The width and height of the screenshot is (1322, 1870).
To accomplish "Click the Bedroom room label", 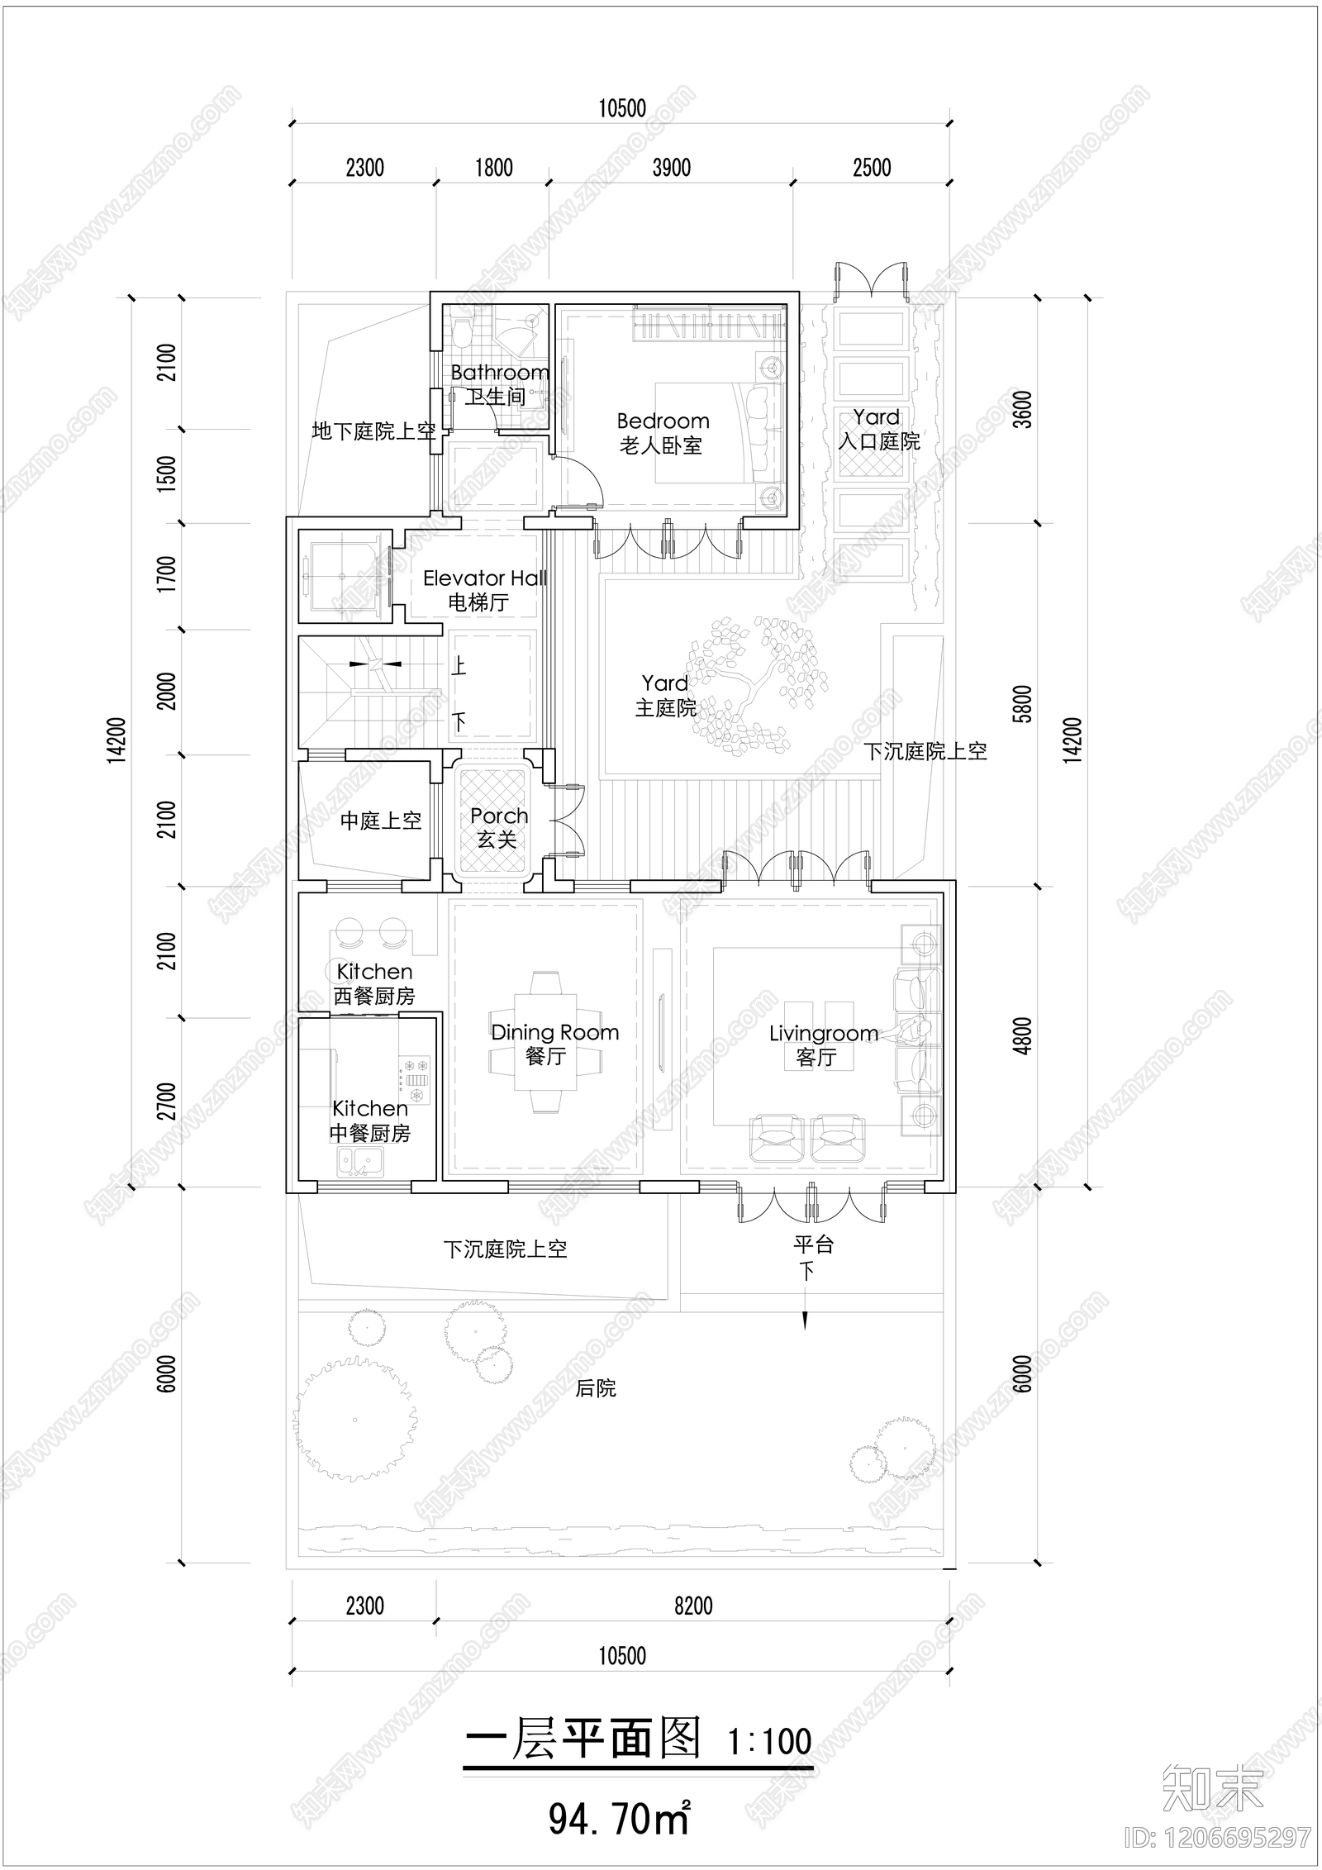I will [x=663, y=422].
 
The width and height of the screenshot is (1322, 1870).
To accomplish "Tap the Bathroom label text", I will [x=499, y=374].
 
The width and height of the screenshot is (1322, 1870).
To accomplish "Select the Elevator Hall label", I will [x=485, y=578].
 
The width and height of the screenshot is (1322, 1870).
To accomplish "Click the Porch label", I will [x=499, y=816].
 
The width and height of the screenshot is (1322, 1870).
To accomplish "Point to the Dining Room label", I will [x=554, y=1033].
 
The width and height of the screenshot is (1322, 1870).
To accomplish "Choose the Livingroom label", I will [x=823, y=1034].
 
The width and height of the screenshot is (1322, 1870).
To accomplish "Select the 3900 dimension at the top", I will [x=671, y=168].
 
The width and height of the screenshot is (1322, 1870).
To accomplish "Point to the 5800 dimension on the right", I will [x=1023, y=704].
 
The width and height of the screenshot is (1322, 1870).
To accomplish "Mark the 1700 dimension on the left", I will [x=167, y=574].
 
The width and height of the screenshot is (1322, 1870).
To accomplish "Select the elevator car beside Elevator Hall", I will [x=343, y=575].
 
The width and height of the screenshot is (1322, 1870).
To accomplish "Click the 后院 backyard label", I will [x=596, y=1388].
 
